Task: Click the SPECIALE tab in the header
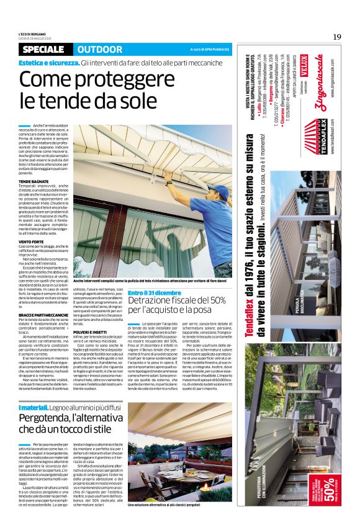(45, 50)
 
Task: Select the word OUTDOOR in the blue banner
(100, 50)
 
